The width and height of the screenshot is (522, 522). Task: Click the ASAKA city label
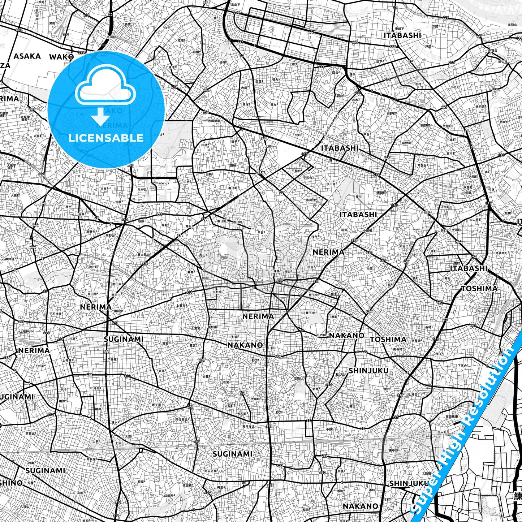(27, 56)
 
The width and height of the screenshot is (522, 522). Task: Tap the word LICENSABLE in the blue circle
(106, 138)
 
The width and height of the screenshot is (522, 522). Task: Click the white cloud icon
(105, 88)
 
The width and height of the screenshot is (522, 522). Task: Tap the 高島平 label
(236, 5)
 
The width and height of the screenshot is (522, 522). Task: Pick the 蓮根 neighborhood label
(352, 74)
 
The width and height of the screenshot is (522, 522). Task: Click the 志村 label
(418, 84)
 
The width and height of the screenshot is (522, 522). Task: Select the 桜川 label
(358, 197)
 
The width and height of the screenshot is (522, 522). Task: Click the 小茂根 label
(367, 230)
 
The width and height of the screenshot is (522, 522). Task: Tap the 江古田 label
(321, 335)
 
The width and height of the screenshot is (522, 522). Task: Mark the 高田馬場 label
(452, 417)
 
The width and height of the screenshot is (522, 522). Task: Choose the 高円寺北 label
(248, 427)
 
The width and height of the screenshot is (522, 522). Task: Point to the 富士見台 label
(143, 255)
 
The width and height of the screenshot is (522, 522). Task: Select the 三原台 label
(67, 207)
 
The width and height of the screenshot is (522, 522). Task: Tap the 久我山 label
(25, 506)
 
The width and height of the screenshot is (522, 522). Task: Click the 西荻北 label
(30, 433)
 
